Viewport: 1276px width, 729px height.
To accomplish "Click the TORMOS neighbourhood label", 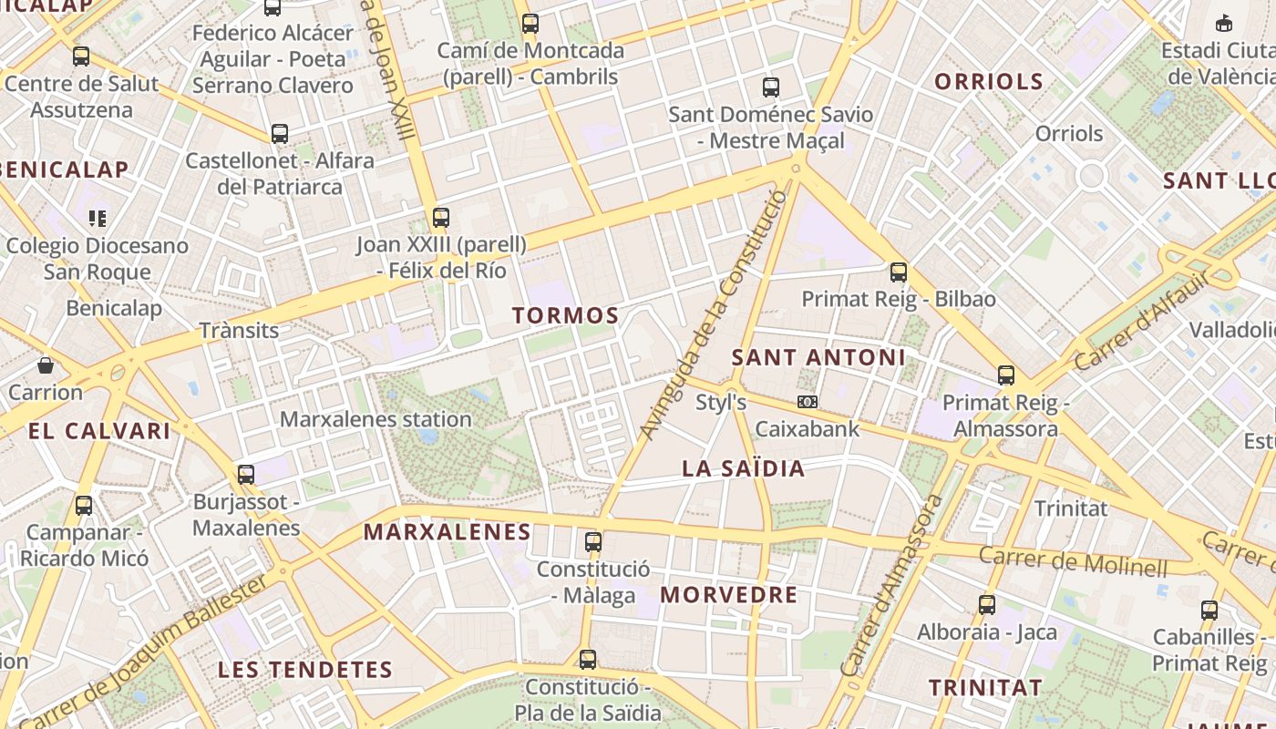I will coord(565,316).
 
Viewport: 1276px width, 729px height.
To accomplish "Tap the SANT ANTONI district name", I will coord(818,357).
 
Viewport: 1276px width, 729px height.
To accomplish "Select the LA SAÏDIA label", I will coord(744,469).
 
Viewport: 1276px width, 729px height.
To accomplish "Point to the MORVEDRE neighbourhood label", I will coord(728,595).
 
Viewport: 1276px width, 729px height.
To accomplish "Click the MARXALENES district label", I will coord(447,532).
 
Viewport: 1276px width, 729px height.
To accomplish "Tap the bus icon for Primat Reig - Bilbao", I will coord(899,272).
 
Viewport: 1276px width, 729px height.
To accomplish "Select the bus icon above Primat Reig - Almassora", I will coord(1006,375).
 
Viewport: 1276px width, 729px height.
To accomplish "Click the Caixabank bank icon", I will coord(807,402).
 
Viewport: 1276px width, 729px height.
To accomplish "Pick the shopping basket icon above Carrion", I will coord(46,366).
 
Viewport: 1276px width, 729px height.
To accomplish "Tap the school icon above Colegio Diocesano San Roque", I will coord(97,218).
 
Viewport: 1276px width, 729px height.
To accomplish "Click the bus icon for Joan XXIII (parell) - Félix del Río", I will coord(441,217).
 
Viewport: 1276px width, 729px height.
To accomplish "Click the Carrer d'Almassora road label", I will coord(892,586).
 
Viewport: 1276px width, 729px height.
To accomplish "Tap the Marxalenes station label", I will coord(376,419).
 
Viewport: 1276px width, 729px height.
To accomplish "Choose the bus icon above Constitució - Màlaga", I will coord(593,541).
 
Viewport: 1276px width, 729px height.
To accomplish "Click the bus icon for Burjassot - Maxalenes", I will coord(246,474).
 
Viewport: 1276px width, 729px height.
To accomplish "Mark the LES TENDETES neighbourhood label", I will coord(304,670).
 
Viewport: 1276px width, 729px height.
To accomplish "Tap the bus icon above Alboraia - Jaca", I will coord(986,604).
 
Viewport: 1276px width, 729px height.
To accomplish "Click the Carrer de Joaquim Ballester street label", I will coord(146,651).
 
